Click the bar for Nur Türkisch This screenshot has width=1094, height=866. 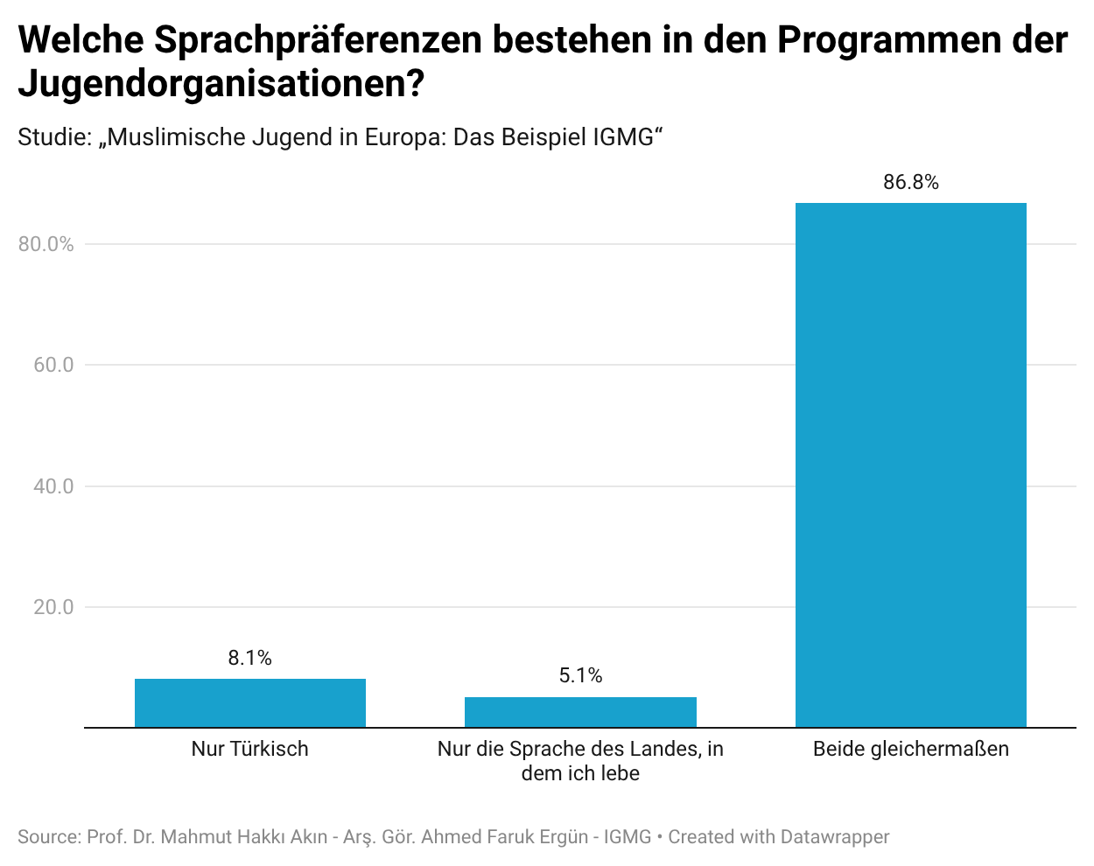pos(250,702)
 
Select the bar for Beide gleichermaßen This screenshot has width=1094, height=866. pos(911,464)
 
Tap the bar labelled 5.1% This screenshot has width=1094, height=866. pos(580,712)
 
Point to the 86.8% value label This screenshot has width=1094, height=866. pos(911,182)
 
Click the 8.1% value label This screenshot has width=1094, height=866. pos(250,658)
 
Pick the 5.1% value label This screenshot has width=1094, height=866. pos(580,675)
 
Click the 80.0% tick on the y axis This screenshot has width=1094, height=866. pos(46,244)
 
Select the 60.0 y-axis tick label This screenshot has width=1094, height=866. pos(53,365)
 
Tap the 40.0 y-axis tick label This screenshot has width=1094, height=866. pos(53,486)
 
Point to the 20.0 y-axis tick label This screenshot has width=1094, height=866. pos(53,607)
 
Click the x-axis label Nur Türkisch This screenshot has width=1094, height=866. pos(250,749)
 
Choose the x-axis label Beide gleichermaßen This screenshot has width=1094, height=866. pos(911,749)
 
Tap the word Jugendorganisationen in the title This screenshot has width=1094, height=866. pos(210,84)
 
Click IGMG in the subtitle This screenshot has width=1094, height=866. pos(623,137)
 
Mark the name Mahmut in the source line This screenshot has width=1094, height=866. pos(198,837)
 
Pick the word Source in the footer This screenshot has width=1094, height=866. pos(47,837)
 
